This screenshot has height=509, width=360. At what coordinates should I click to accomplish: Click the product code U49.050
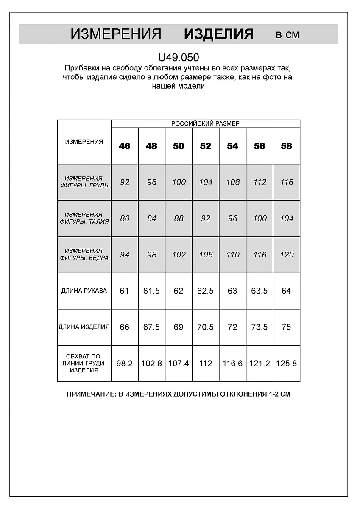[x=178, y=57]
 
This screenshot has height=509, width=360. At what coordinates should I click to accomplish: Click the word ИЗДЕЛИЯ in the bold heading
[x=219, y=34]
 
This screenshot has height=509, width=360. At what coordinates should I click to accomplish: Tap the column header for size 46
[x=125, y=146]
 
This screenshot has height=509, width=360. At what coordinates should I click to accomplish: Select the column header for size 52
[x=205, y=146]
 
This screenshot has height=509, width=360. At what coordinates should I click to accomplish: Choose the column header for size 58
[x=286, y=146]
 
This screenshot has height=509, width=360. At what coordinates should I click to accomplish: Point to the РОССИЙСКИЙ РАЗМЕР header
[x=205, y=123]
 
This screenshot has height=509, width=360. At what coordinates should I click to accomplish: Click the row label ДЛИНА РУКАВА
[x=84, y=291]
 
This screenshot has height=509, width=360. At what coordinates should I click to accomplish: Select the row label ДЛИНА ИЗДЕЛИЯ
[x=84, y=327]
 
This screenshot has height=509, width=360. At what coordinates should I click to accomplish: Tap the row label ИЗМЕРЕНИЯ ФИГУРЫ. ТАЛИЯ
[x=84, y=218]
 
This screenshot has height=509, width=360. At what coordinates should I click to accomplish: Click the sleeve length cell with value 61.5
[x=151, y=291]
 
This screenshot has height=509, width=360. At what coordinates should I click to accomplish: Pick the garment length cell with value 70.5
[x=205, y=327]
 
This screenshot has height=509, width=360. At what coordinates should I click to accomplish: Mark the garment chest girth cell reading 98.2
[x=125, y=364]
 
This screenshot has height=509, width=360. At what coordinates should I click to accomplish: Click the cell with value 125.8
[x=286, y=364]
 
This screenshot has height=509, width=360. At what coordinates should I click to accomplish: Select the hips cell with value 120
[x=287, y=255]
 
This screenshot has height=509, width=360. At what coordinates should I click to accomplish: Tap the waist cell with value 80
[x=125, y=218]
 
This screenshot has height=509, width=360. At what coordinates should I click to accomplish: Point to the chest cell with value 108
[x=232, y=182]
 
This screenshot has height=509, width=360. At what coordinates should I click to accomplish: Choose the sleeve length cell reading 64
[x=286, y=291]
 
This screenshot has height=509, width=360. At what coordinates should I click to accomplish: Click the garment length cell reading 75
[x=286, y=327]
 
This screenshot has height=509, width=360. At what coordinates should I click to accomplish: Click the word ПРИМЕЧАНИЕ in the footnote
[x=90, y=394]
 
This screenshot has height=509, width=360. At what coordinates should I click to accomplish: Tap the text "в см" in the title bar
[x=287, y=35]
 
